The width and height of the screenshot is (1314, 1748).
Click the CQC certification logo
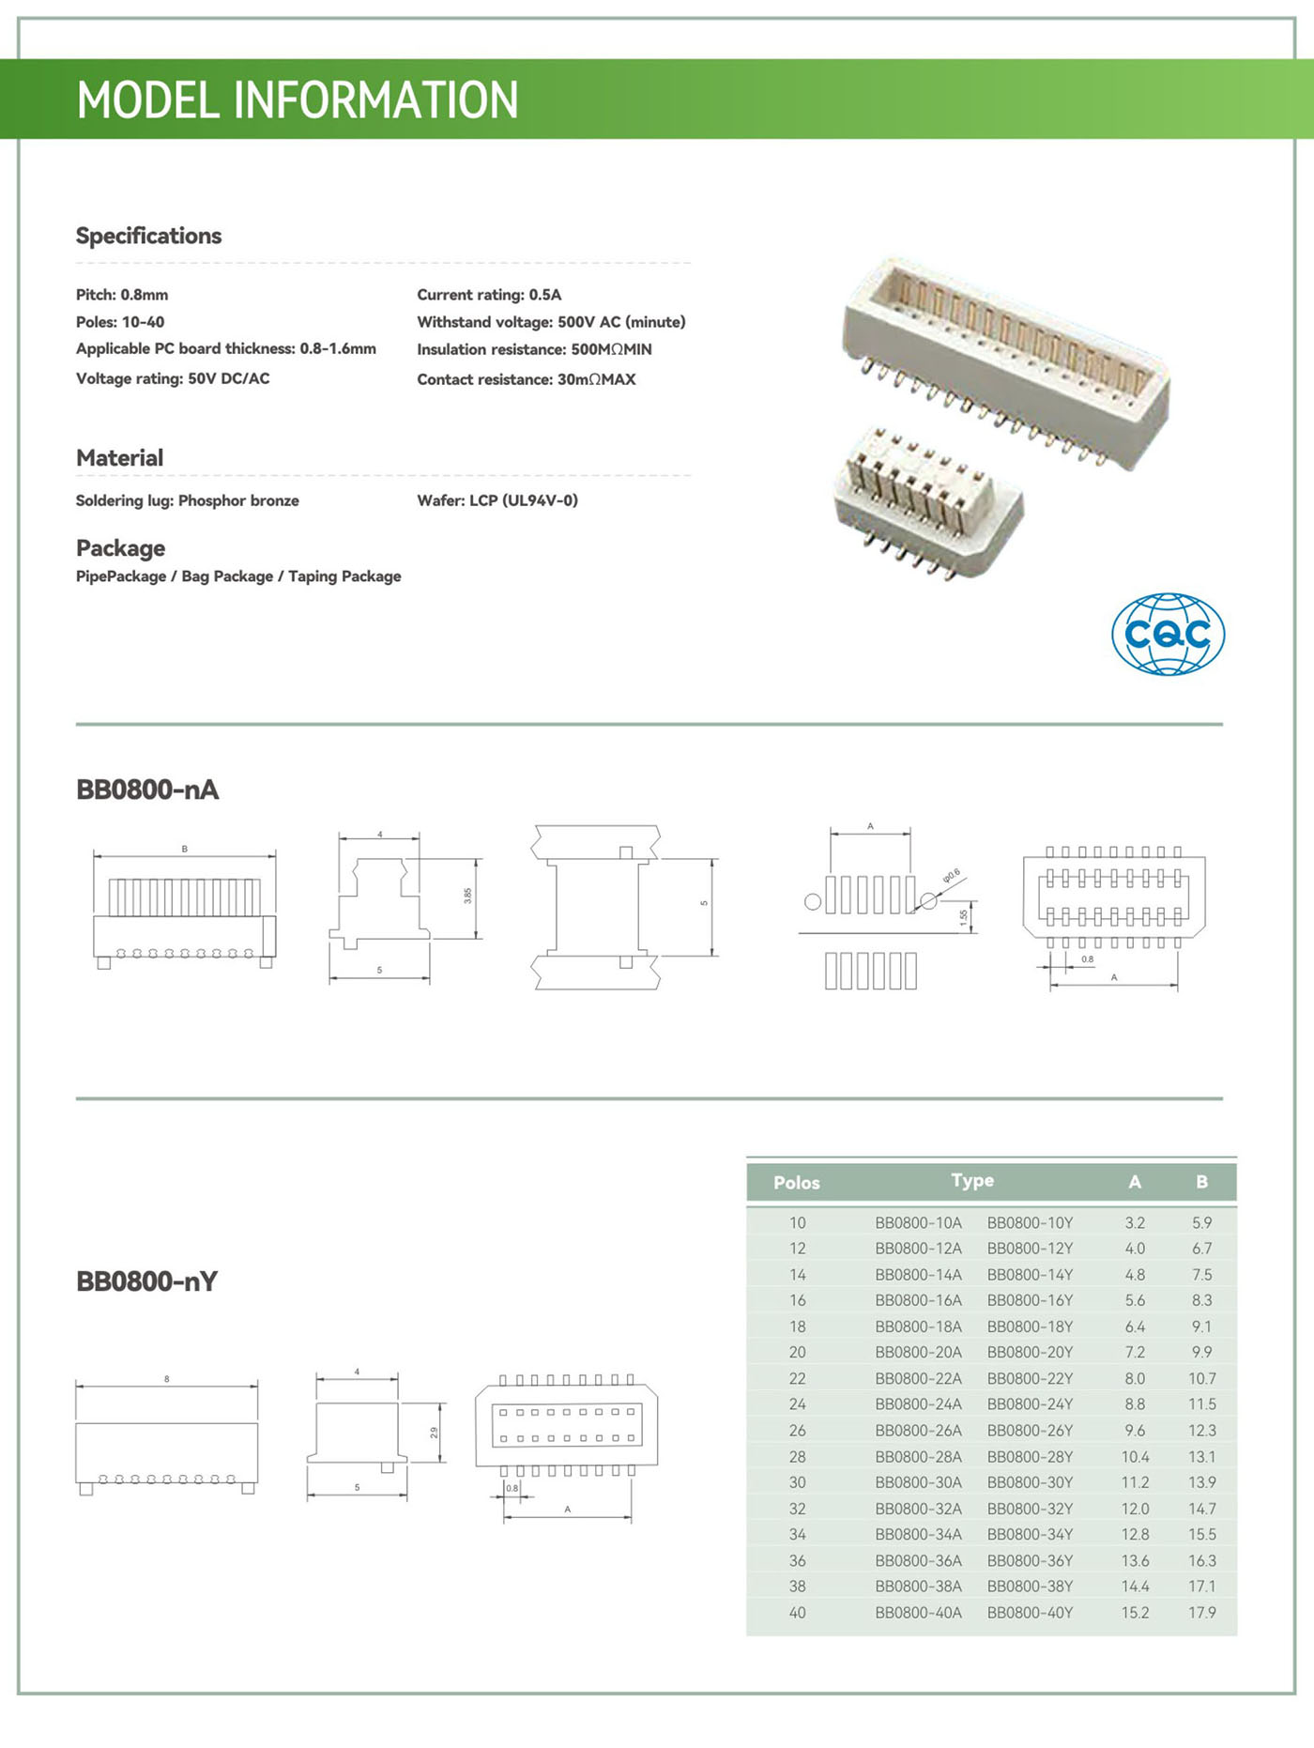click(x=1168, y=634)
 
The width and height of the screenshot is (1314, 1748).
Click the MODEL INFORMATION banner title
click(x=297, y=100)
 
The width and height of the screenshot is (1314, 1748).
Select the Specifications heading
click(x=148, y=236)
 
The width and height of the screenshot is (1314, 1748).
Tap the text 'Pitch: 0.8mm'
click(x=122, y=295)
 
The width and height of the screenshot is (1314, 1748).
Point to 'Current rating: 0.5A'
click(x=489, y=295)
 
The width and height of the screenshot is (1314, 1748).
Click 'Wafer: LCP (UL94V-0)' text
click(x=497, y=500)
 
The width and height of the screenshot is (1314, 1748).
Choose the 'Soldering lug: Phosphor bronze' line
click(x=187, y=500)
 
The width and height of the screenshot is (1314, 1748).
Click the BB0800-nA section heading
click(x=147, y=790)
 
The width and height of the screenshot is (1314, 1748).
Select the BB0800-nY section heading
click(x=146, y=1281)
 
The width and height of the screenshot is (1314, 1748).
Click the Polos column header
click(x=796, y=1183)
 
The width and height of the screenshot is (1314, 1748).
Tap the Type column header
click(x=972, y=1181)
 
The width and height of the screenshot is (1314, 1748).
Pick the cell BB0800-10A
click(x=918, y=1223)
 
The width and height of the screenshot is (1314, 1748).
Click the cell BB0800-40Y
click(x=1030, y=1613)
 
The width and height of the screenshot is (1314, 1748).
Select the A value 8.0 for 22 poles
click(x=1135, y=1379)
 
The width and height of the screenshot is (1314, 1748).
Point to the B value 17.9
click(x=1202, y=1613)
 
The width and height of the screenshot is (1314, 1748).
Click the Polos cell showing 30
click(x=797, y=1482)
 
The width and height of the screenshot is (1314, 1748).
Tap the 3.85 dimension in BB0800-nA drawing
click(x=467, y=896)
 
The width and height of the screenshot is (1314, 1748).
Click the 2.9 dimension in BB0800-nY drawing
click(x=434, y=1433)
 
